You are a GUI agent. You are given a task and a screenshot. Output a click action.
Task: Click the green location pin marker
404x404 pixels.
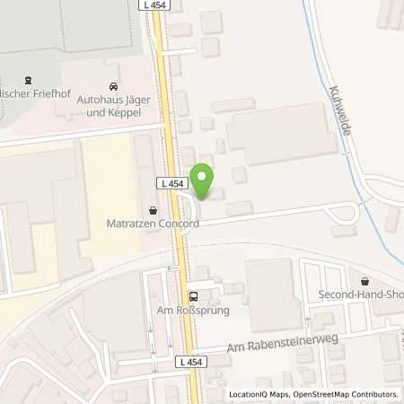coord(203,180)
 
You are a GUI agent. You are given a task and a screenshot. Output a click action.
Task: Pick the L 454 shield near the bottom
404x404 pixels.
coord(190,361)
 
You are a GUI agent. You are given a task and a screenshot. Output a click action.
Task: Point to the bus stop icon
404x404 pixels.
coord(193,296)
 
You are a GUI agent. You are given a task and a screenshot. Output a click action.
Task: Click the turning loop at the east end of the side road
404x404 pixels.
coord(345,213)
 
